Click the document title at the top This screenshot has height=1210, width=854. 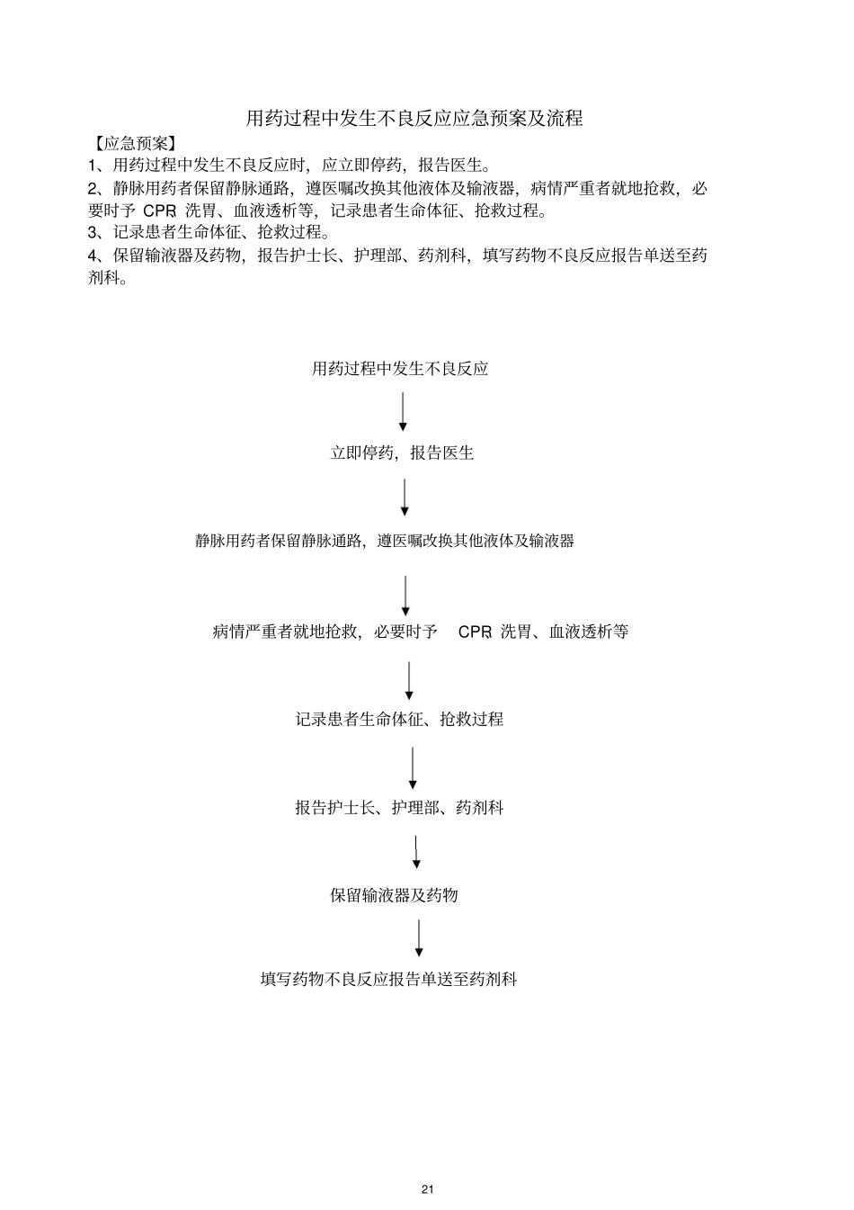[414, 119]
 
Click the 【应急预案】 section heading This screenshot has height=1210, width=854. [135, 143]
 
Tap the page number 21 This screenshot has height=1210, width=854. [427, 1189]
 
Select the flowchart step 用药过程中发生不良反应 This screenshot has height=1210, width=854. [400, 369]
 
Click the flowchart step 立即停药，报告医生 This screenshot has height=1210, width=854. [402, 453]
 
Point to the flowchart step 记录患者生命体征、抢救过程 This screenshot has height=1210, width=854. [399, 720]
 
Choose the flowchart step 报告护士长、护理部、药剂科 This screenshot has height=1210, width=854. [399, 808]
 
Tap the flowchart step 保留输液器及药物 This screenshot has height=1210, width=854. [394, 895]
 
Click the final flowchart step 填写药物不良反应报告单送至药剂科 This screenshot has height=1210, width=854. [388, 980]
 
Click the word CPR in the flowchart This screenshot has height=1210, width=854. [475, 632]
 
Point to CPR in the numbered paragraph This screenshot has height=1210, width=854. [159, 211]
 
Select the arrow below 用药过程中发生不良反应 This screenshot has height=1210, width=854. [403, 411]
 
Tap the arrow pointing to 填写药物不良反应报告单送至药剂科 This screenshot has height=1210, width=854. [419, 937]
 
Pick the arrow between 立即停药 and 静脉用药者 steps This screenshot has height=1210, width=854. [405, 497]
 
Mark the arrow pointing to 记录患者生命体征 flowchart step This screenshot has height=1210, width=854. [409, 680]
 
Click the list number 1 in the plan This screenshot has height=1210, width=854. [93, 166]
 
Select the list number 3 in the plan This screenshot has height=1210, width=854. [93, 233]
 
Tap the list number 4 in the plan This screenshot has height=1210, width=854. [93, 255]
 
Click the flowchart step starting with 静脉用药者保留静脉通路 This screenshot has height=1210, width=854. [385, 542]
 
